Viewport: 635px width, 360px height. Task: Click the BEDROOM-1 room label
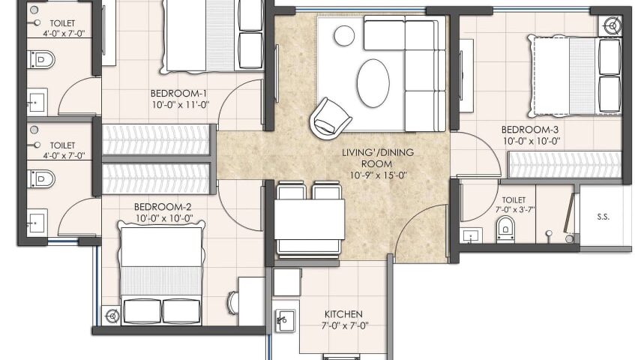click(x=178, y=94)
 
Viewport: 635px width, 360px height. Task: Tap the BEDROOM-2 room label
click(x=163, y=207)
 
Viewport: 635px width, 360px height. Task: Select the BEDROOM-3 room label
click(x=530, y=130)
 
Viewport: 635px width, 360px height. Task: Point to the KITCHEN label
click(x=343, y=313)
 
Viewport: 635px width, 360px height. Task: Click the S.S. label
click(x=603, y=217)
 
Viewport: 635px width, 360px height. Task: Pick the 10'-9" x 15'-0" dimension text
click(x=379, y=175)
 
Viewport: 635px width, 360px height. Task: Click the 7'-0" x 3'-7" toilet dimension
click(x=515, y=210)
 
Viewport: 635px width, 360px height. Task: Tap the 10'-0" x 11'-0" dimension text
click(x=181, y=105)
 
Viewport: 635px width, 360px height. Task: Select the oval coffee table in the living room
click(x=373, y=83)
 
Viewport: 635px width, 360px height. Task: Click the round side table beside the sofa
click(x=344, y=36)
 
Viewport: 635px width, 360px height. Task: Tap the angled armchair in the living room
click(x=330, y=118)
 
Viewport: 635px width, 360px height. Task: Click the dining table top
click(x=310, y=220)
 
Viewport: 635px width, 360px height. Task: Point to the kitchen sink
click(x=285, y=321)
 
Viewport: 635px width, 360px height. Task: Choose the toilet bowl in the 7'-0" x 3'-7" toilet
click(x=505, y=229)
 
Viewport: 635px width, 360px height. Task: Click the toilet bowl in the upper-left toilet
click(x=41, y=59)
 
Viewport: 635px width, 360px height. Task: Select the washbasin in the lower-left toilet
click(x=37, y=221)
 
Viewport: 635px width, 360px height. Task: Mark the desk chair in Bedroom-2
click(x=233, y=302)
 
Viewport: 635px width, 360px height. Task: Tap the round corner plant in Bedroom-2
click(x=112, y=316)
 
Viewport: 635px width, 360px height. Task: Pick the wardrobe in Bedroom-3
click(x=565, y=164)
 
